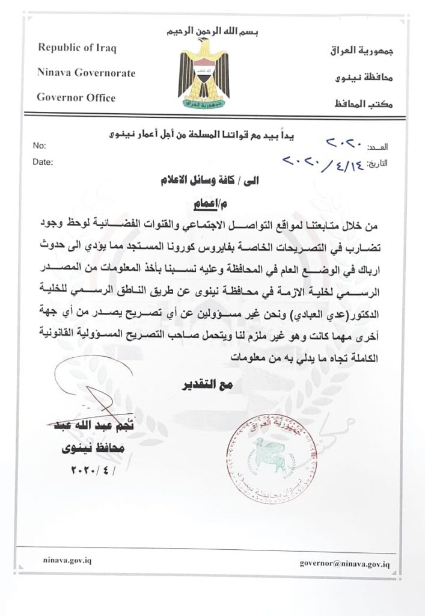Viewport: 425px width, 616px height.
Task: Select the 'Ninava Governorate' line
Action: click(x=87, y=73)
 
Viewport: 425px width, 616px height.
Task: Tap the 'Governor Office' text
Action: click(x=76, y=97)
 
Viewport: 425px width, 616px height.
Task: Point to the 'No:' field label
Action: click(x=39, y=146)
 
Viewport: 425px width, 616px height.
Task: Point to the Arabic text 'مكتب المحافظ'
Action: click(x=360, y=103)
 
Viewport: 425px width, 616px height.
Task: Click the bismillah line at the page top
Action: click(x=206, y=30)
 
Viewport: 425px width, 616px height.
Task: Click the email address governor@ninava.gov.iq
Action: click(x=346, y=564)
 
